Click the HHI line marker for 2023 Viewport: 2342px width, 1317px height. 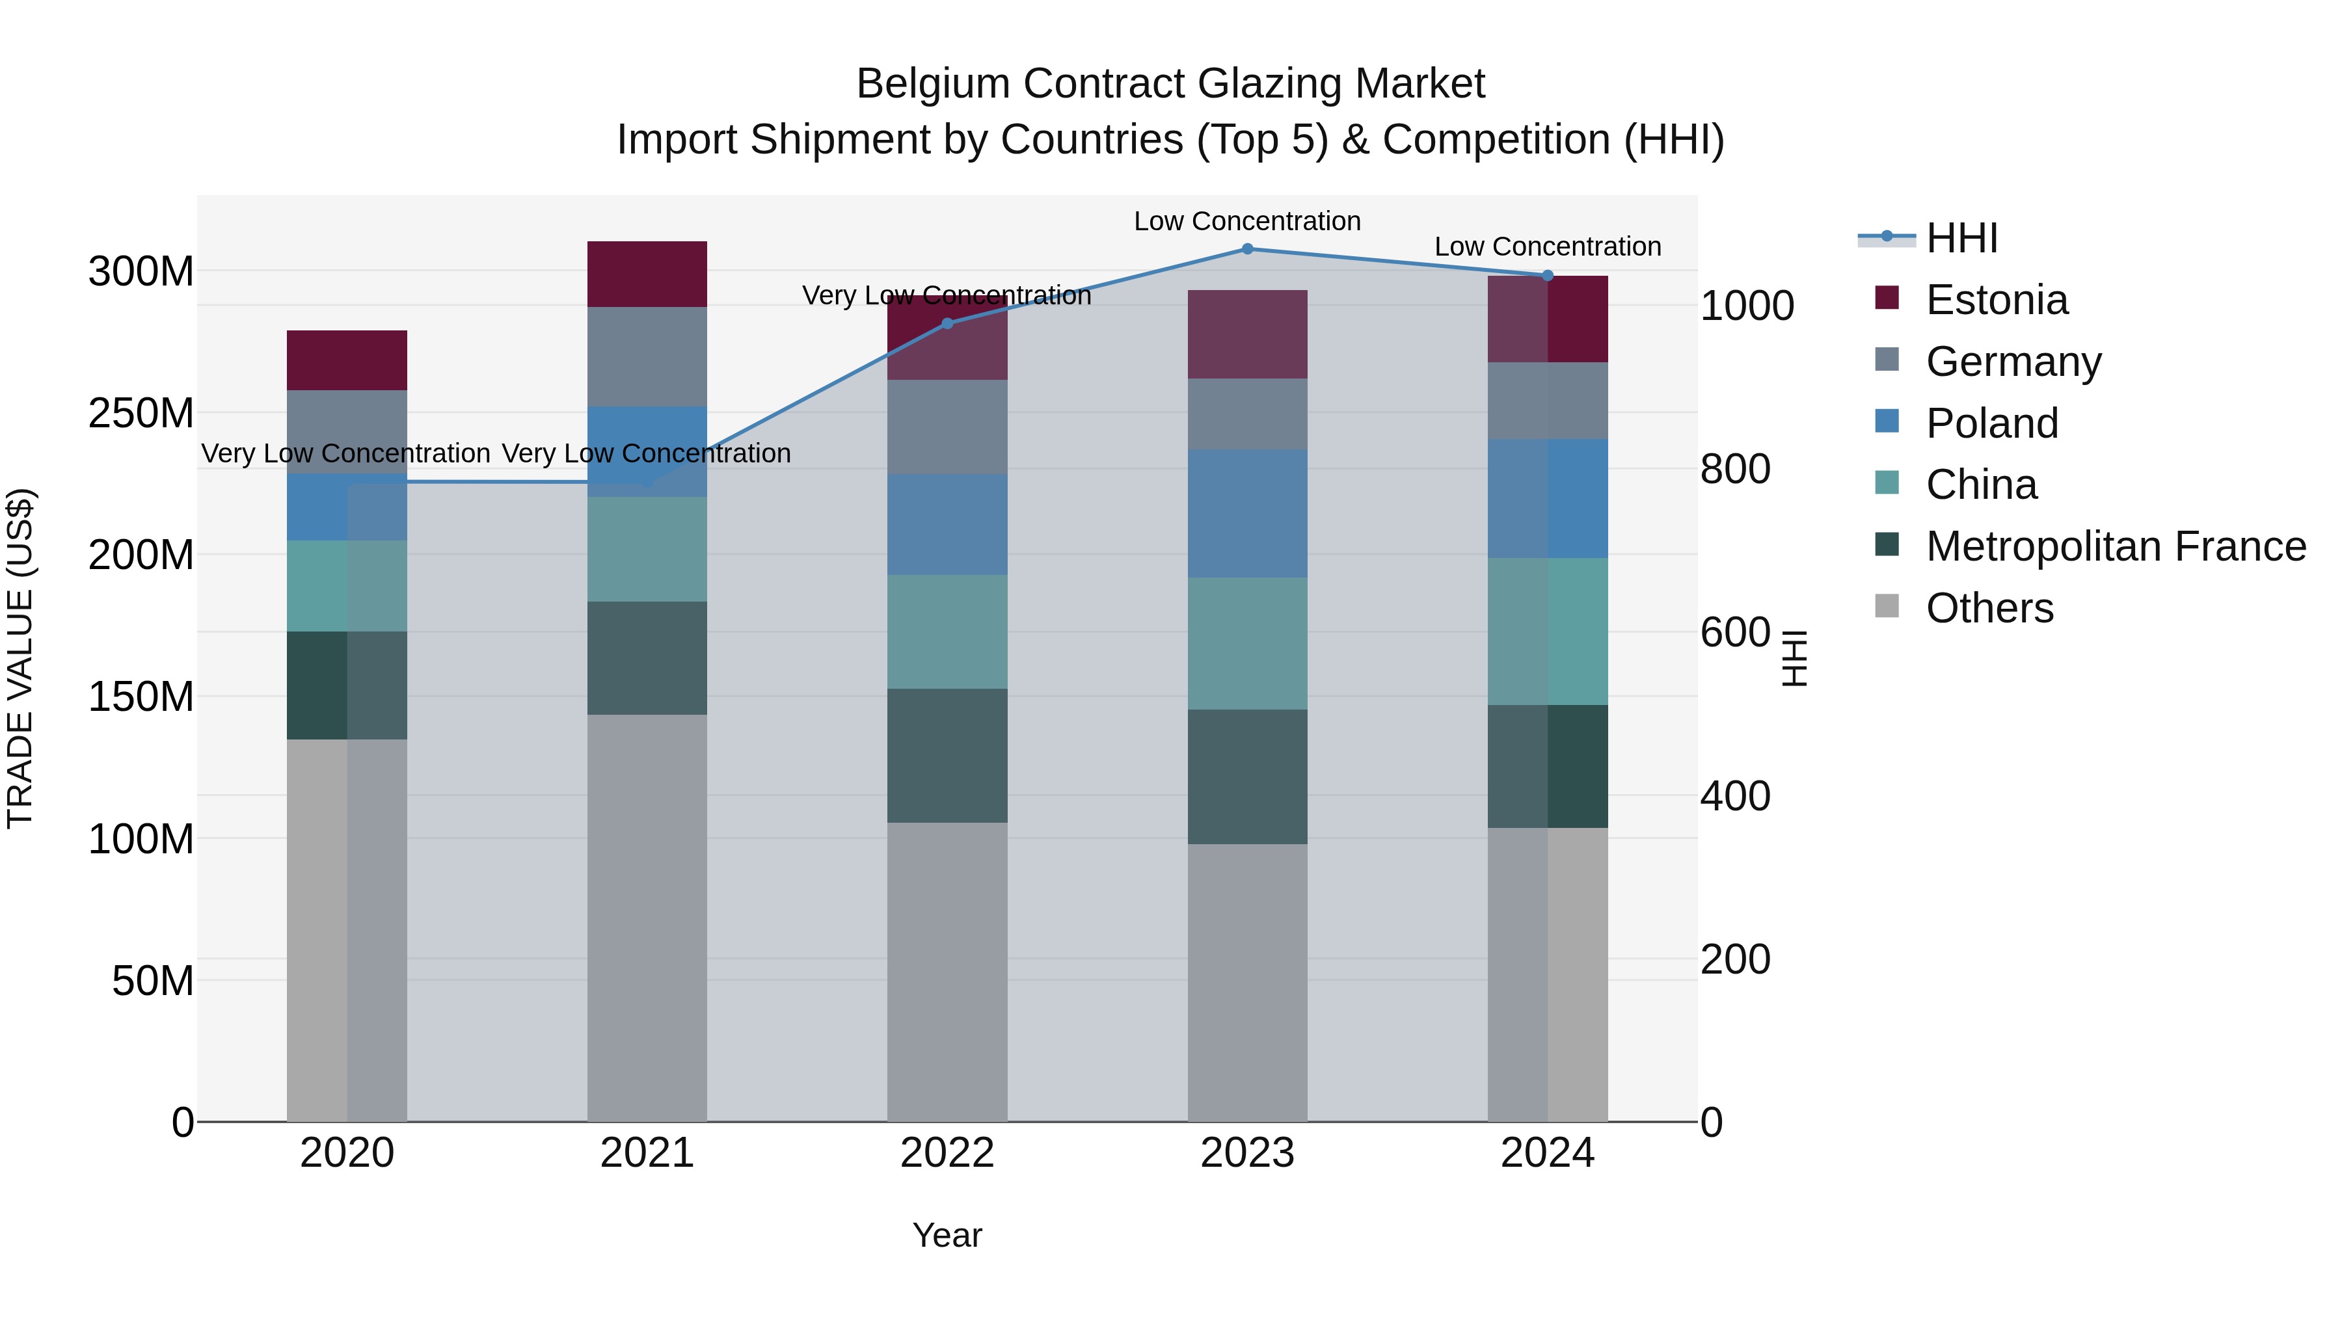pyautogui.click(x=1247, y=249)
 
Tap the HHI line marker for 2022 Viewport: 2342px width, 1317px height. pyautogui.click(x=947, y=324)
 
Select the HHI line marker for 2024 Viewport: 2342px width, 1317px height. pyautogui.click(x=1548, y=275)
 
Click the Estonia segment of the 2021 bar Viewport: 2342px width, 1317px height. pyautogui.click(x=647, y=274)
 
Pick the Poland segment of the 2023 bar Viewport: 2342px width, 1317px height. pyautogui.click(x=1247, y=514)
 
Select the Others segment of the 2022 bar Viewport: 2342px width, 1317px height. pyautogui.click(x=947, y=972)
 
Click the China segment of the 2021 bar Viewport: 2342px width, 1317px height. pyautogui.click(x=647, y=549)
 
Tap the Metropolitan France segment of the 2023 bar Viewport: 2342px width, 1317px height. pyautogui.click(x=1247, y=777)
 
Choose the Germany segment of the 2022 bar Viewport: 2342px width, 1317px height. pyautogui.click(x=947, y=427)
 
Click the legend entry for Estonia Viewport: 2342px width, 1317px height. pyautogui.click(x=1997, y=300)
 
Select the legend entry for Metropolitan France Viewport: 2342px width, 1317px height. pyautogui.click(x=2115, y=546)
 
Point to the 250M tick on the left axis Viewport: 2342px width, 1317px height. pyautogui.click(x=141, y=414)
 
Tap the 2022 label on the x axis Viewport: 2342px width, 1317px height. pyautogui.click(x=947, y=1153)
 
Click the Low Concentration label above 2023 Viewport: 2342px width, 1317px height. pyautogui.click(x=1246, y=221)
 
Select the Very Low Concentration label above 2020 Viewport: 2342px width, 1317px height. pyautogui.click(x=345, y=453)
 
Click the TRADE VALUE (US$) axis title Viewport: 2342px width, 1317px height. pyautogui.click(x=20, y=658)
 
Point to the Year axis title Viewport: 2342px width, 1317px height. pyautogui.click(x=947, y=1235)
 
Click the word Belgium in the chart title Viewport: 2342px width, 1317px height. pyautogui.click(x=933, y=84)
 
